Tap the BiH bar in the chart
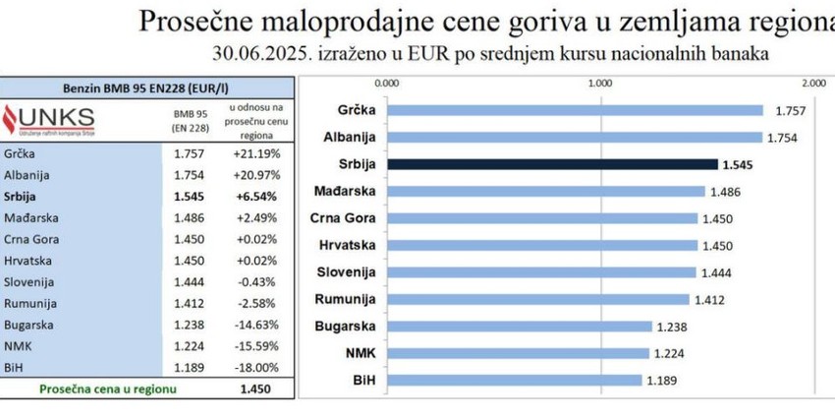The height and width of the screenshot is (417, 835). pyautogui.click(x=514, y=380)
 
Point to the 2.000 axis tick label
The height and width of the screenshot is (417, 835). pyautogui.click(x=811, y=83)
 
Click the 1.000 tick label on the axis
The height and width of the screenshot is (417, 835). pyautogui.click(x=599, y=83)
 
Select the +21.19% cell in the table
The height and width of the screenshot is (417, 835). pyautogui.click(x=253, y=153)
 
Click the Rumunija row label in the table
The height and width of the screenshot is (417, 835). pyautogui.click(x=30, y=304)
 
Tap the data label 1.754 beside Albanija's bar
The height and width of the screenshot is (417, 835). pyautogui.click(x=784, y=138)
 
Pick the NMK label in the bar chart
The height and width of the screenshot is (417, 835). pyautogui.click(x=360, y=353)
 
